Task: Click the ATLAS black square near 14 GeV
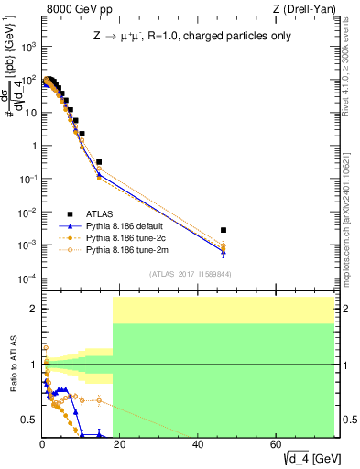[x=98, y=162]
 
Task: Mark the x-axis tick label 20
[x=120, y=445]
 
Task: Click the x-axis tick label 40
[x=198, y=445]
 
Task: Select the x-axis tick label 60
[x=276, y=445]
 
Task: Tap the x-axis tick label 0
[x=42, y=445]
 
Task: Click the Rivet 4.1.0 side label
[x=351, y=70]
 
